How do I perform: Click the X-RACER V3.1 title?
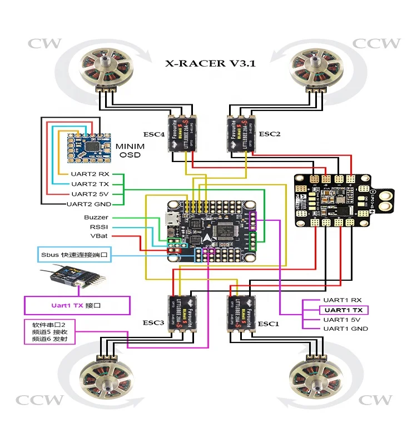[x=210, y=63]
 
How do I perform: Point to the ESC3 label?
[x=154, y=323]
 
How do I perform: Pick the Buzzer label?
[x=96, y=218]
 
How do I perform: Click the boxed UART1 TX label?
[x=344, y=310]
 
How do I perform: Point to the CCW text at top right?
[x=377, y=43]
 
